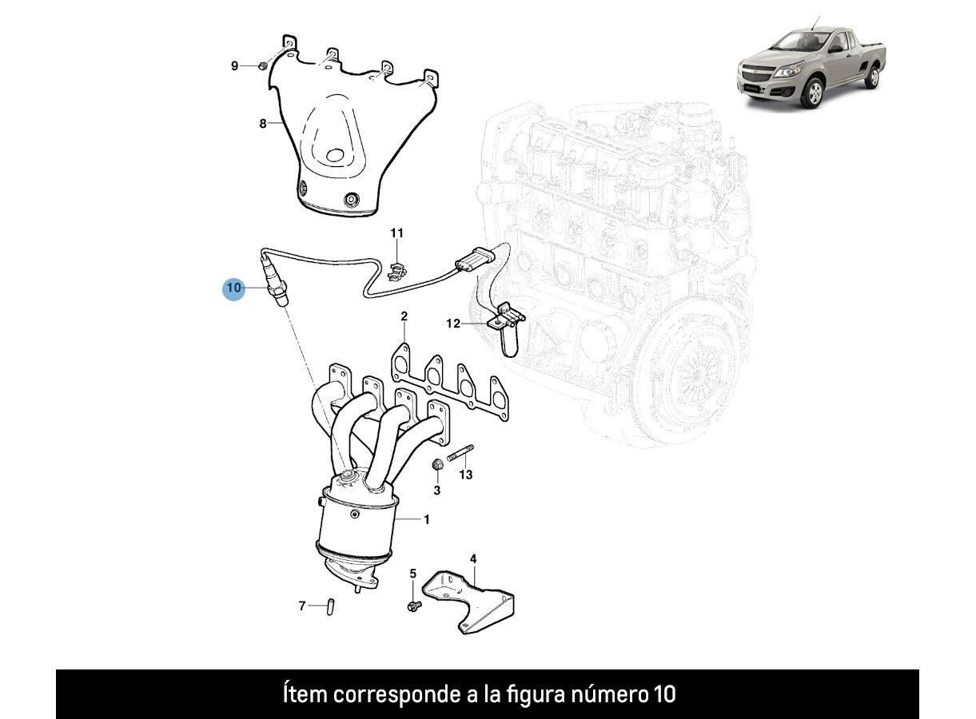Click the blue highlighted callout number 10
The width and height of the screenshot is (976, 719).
[234, 288]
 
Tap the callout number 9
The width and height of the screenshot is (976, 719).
[234, 66]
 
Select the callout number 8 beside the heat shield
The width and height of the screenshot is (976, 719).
[263, 124]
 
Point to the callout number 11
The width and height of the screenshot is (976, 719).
[396, 233]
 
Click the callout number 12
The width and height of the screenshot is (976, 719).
[453, 324]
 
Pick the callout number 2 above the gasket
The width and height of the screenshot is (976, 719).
[404, 316]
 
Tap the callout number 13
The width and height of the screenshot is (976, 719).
[466, 475]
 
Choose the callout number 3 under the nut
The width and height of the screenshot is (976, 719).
[437, 491]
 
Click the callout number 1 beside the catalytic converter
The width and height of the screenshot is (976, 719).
[427, 519]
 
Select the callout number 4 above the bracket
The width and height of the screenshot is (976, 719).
[473, 558]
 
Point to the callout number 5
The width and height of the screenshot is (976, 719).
[413, 574]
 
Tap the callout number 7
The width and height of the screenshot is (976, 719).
[302, 606]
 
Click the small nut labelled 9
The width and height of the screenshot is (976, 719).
[263, 66]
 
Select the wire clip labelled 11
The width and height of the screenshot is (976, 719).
[397, 270]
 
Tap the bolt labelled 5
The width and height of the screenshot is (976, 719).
[414, 605]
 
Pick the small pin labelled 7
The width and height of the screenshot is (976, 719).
[331, 607]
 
